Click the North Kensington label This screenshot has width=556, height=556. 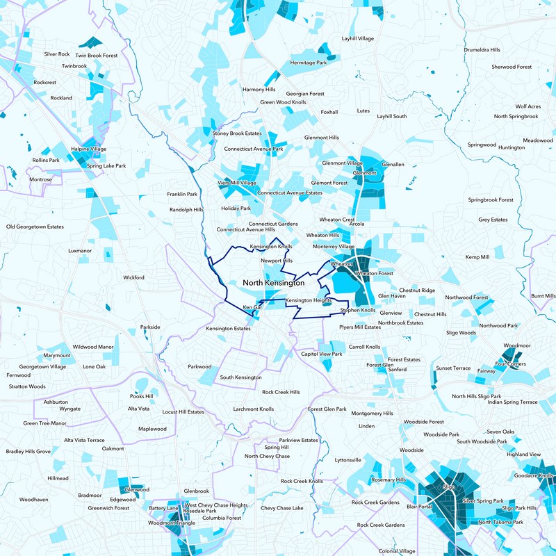(x=274, y=284)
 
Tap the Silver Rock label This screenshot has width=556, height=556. (x=56, y=54)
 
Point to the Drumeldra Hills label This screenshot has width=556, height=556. (x=482, y=50)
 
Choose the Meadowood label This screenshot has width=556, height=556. (x=537, y=140)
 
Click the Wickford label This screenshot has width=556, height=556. (x=133, y=277)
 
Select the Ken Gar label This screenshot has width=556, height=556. (x=252, y=306)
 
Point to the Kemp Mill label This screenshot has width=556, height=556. (x=477, y=257)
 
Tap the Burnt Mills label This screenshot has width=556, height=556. (x=543, y=296)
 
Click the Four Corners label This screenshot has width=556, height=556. (x=511, y=363)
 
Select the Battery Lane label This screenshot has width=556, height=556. (x=163, y=508)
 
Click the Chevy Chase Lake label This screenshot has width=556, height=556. (x=282, y=508)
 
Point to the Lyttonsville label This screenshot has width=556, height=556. (x=347, y=460)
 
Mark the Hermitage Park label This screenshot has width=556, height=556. (x=308, y=63)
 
